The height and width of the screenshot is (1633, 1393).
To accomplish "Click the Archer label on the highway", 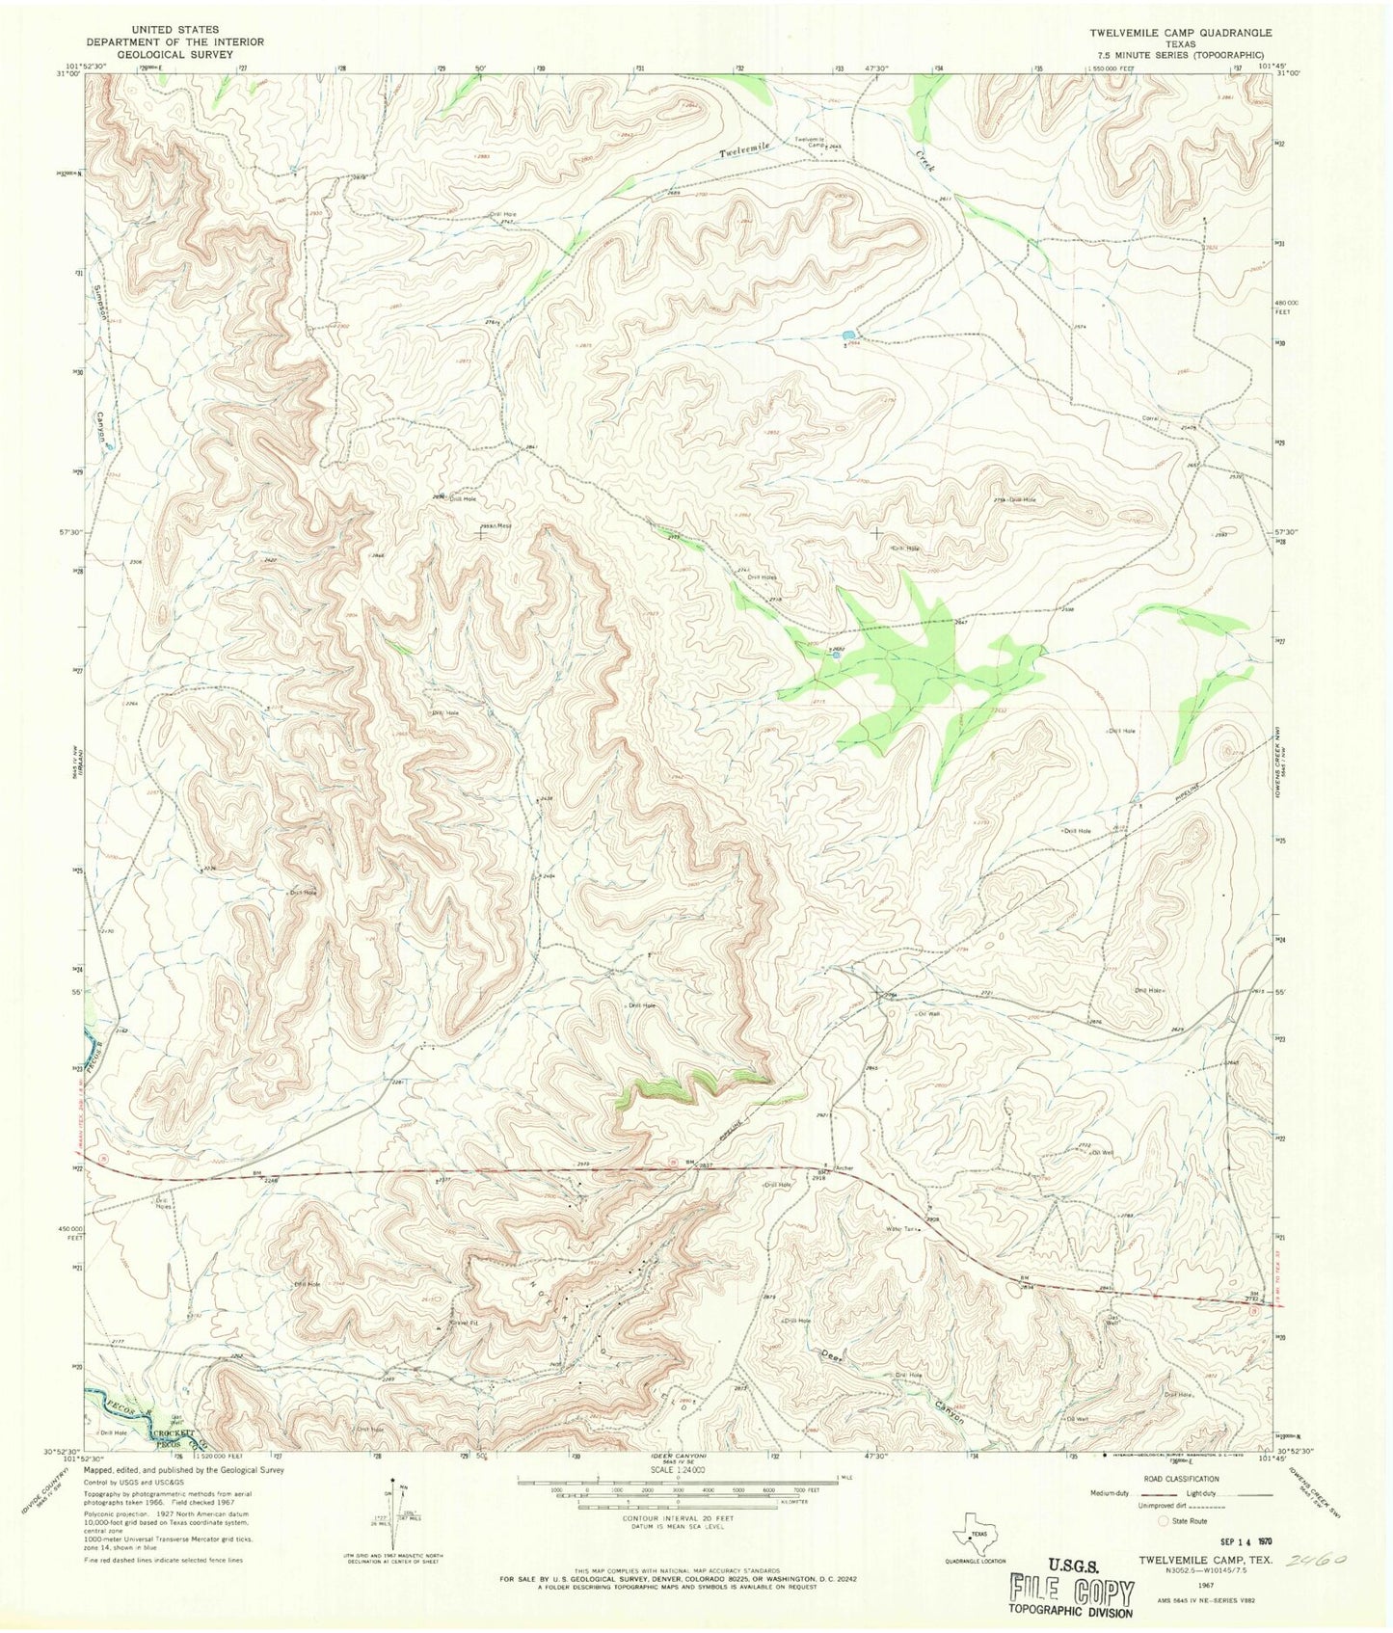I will pos(844,1168).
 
